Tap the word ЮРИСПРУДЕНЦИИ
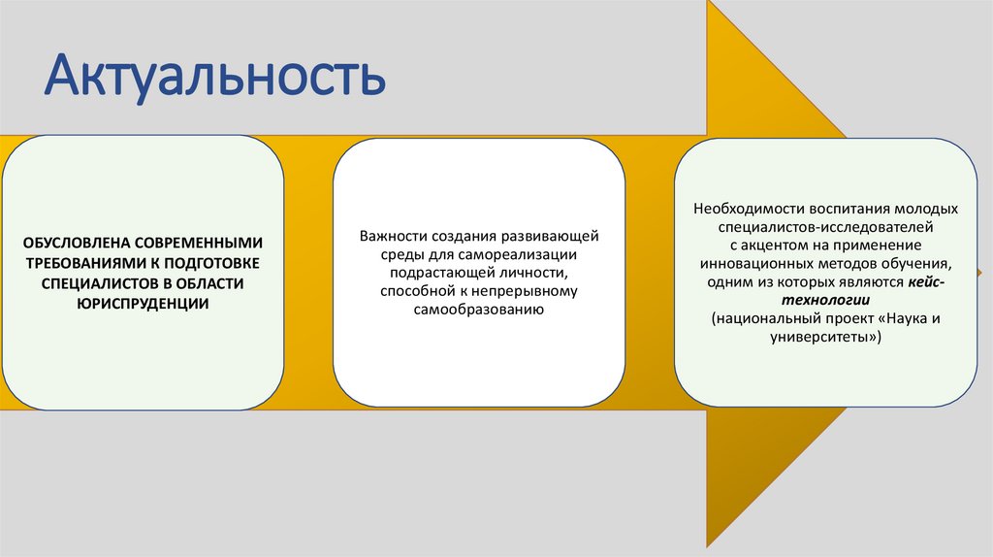pos(144,304)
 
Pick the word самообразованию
pos(478,310)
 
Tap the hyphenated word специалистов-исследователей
pos(825,227)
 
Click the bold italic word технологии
pos(825,300)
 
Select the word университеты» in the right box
pos(825,337)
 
